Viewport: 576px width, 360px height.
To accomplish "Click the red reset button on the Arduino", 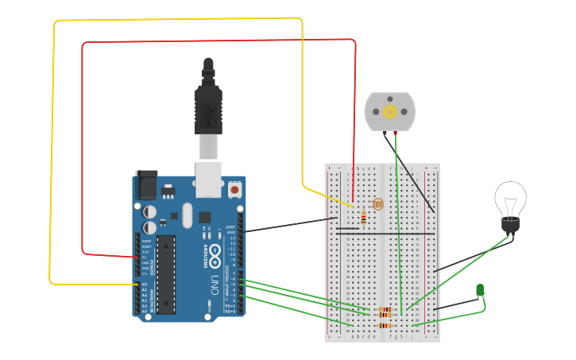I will click(234, 190).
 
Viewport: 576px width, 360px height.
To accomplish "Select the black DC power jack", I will click(146, 184).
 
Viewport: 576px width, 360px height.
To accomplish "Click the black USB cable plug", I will click(208, 107).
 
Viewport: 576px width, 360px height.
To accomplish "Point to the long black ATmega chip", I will click(165, 274).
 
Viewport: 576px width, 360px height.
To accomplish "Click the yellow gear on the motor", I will click(390, 111).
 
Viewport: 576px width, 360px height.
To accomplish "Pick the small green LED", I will click(480, 291).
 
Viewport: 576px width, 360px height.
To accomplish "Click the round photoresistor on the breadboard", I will click(377, 204).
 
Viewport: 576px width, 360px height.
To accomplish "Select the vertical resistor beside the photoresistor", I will click(364, 216).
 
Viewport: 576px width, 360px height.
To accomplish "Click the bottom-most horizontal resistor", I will click(385, 325).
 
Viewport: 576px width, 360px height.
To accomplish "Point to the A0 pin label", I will click(144, 284).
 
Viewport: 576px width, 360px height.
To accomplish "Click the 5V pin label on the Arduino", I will click(144, 257).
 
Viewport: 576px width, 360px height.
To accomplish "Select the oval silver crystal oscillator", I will click(187, 215).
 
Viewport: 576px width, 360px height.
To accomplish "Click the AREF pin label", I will click(231, 226).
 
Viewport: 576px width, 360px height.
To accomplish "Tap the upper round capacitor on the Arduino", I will click(149, 212).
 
